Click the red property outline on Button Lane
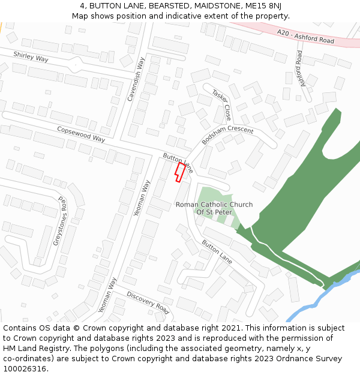pyautogui.click(x=179, y=172)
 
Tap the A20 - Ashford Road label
pyautogui.click(x=306, y=36)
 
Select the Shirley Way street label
pyautogui.click(x=31, y=57)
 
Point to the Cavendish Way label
pyautogui.click(x=136, y=79)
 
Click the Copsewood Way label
pyautogui.click(x=81, y=134)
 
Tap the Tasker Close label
pyautogui.click(x=221, y=106)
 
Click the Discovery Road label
pyautogui.click(x=148, y=302)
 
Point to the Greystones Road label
pyautogui.click(x=60, y=220)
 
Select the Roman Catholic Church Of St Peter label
pyautogui.click(x=214, y=208)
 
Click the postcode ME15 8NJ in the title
pyautogui.click(x=262, y=5)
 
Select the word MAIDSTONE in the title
pyautogui.click(x=214, y=5)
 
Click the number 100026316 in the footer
pyautogui.click(x=26, y=368)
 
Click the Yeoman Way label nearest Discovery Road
pyautogui.click(x=107, y=295)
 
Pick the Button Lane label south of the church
pyautogui.click(x=217, y=252)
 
